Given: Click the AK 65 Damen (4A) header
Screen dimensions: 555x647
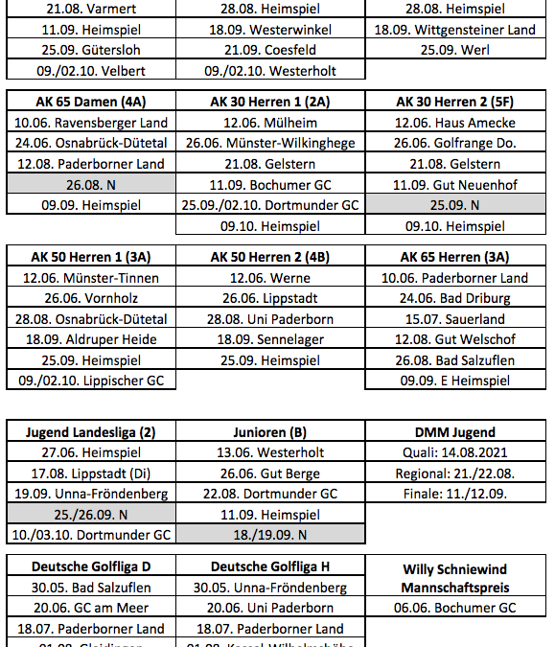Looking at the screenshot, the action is click(x=91, y=102).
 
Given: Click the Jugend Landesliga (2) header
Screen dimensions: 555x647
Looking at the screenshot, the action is click(x=91, y=432).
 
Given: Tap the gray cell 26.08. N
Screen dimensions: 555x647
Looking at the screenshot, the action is click(x=91, y=185).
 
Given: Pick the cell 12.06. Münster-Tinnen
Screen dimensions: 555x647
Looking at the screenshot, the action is click(x=91, y=278).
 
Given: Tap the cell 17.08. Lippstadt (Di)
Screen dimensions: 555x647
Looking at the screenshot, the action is click(x=91, y=474).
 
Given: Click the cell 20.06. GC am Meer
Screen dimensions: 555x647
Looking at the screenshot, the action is click(x=91, y=608).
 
